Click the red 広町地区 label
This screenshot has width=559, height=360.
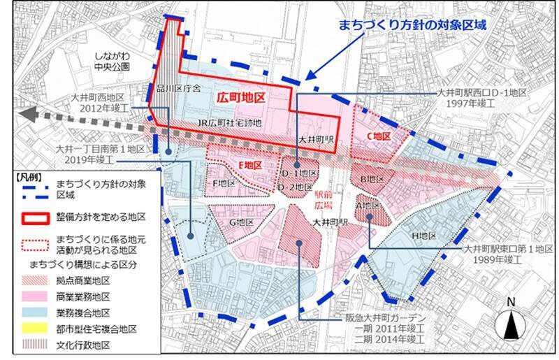click(240, 99)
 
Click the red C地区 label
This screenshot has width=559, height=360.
click(378, 135)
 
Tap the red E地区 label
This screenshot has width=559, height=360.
click(249, 164)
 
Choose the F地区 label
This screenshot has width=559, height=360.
click(223, 183)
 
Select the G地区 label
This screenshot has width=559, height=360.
click(240, 222)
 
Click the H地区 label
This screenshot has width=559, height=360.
click(423, 236)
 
